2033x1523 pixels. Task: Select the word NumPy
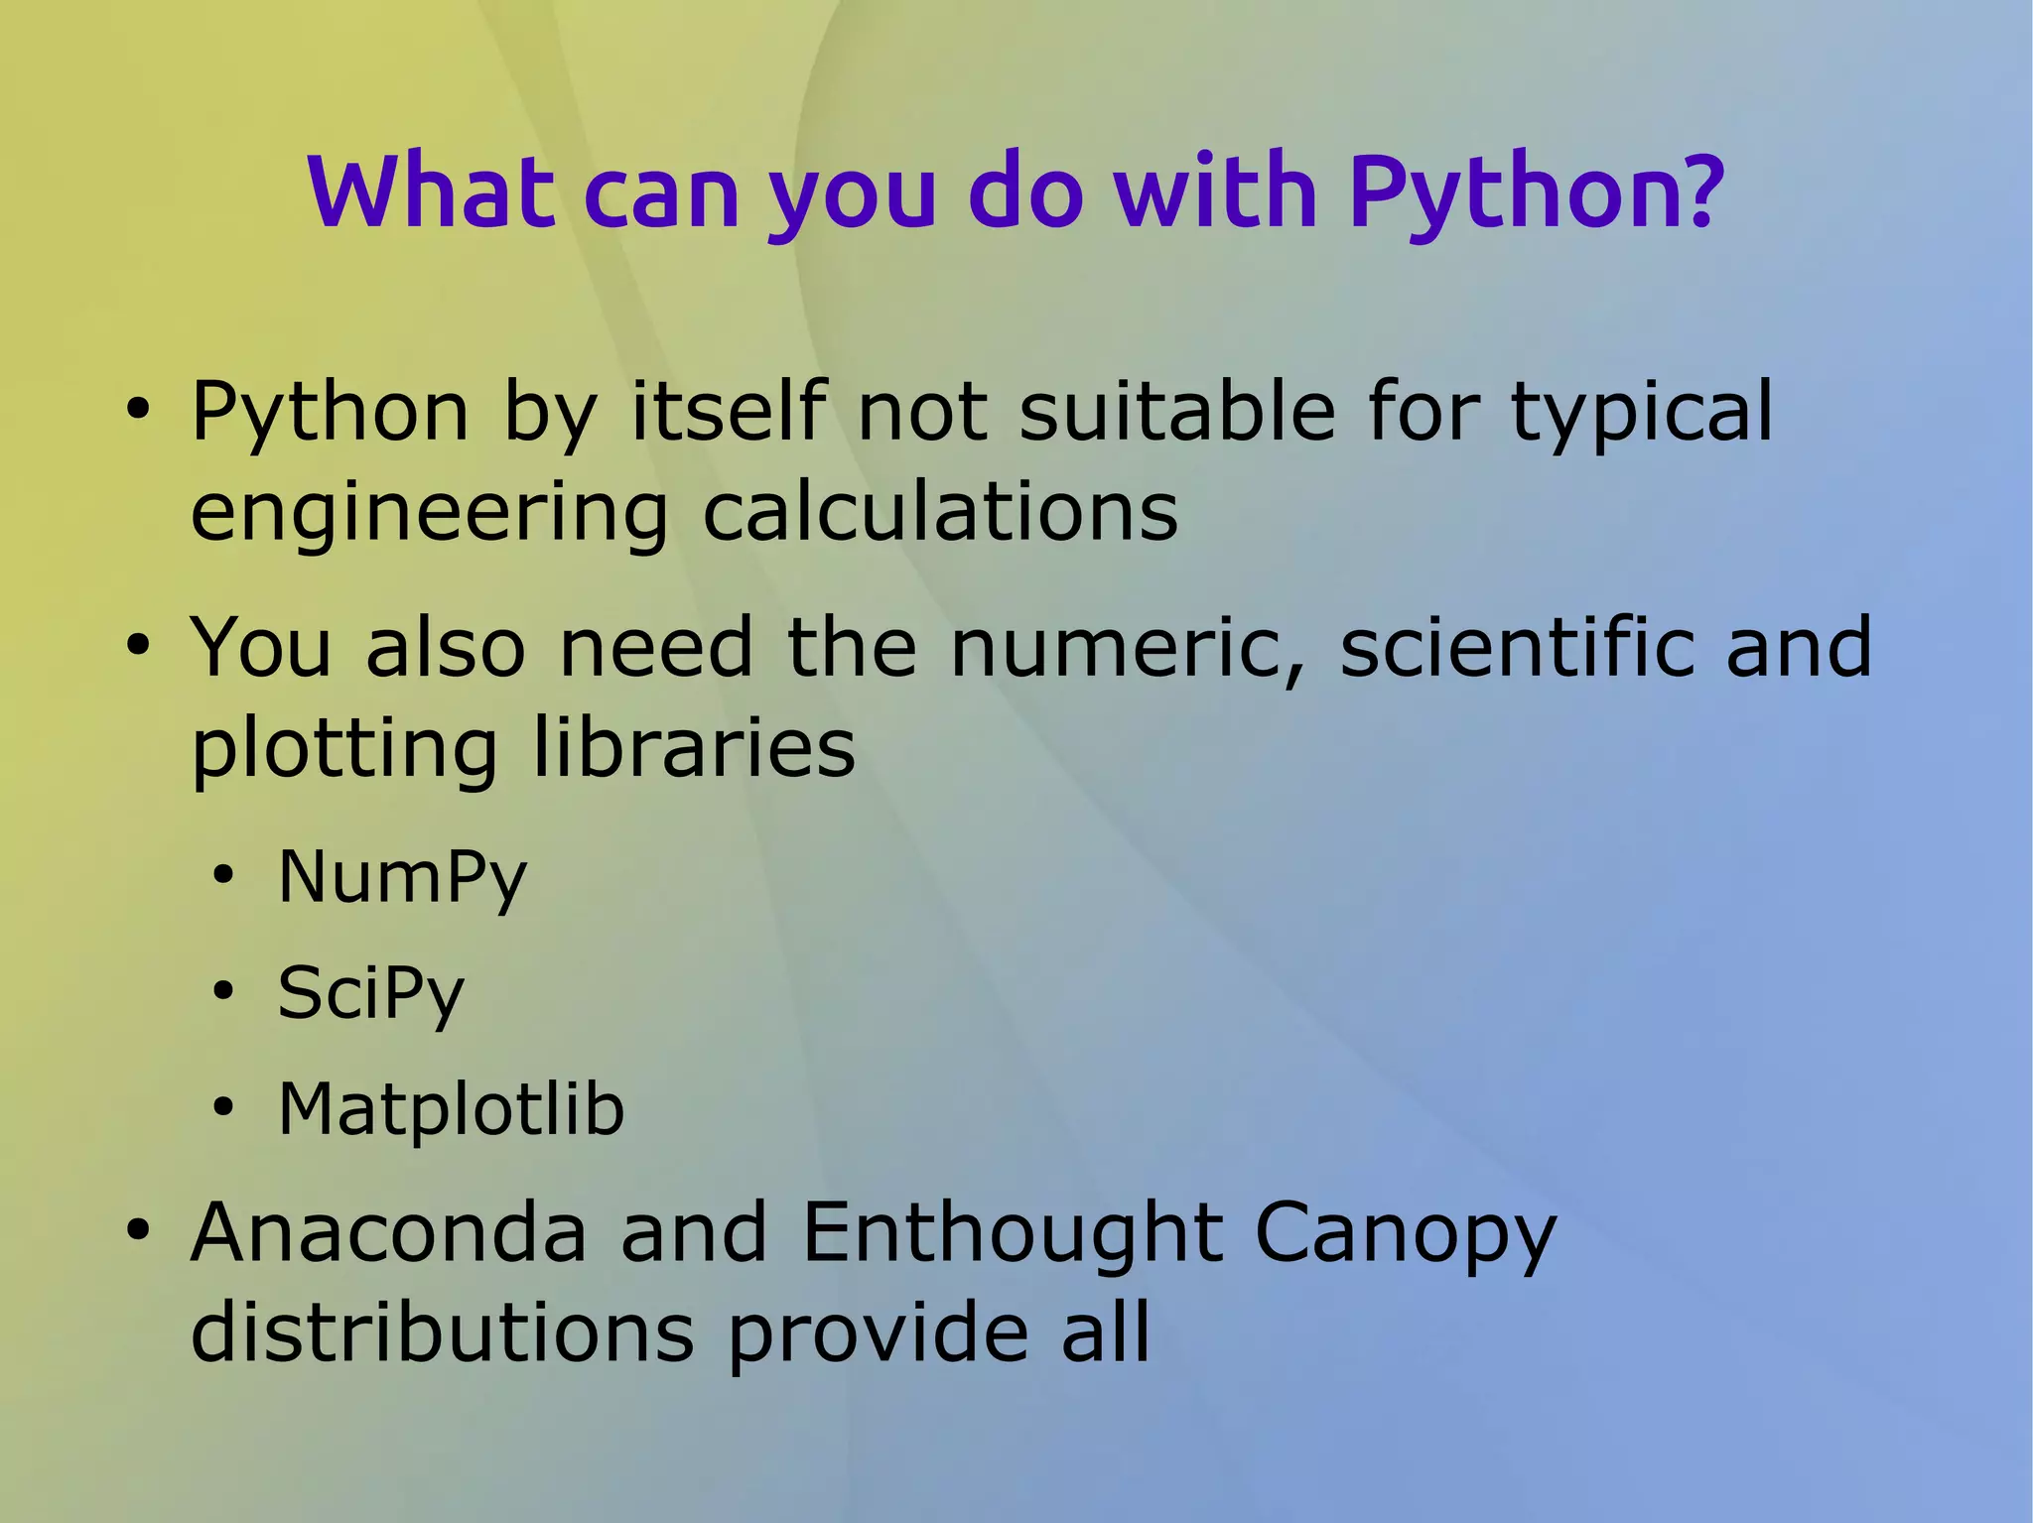click(x=402, y=879)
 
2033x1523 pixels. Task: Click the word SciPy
click(x=370, y=994)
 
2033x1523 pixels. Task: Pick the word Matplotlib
click(x=451, y=1108)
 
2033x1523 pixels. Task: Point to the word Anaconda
click(x=389, y=1232)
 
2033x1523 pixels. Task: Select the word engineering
click(x=429, y=516)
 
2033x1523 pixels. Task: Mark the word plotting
click(x=343, y=751)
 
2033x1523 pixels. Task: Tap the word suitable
click(x=1177, y=411)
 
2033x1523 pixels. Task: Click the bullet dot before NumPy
click(x=223, y=876)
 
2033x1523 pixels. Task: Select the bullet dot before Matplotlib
click(x=223, y=1107)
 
